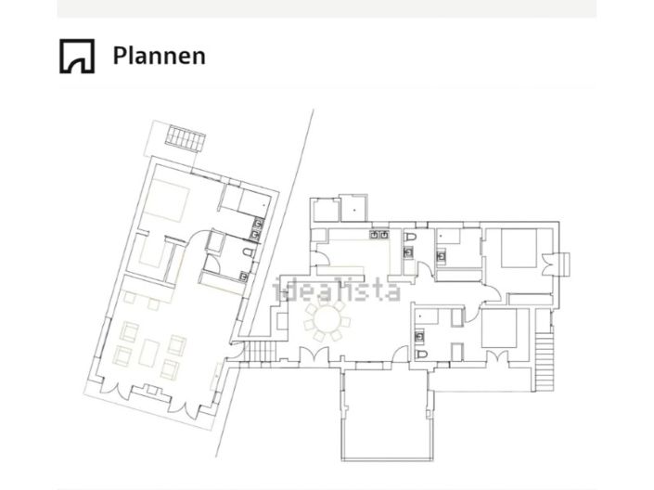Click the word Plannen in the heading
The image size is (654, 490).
[159, 56]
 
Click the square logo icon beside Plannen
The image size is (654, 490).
[77, 56]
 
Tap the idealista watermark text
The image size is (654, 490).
[336, 290]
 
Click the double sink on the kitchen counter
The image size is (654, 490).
[378, 235]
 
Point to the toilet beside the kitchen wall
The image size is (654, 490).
[410, 237]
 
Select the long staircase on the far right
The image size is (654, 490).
[545, 361]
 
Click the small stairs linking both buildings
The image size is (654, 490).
[260, 351]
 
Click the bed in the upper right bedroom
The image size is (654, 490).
[519, 248]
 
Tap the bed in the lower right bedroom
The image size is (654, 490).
[499, 328]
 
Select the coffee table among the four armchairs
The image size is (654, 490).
[149, 353]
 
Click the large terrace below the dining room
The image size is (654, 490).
[386, 415]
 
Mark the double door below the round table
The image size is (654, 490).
[314, 356]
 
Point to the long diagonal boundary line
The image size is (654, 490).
[264, 283]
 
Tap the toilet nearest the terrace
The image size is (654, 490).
[422, 355]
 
